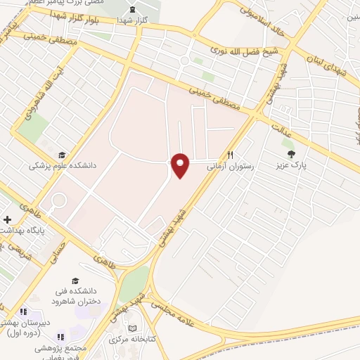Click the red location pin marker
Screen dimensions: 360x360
[x=181, y=165]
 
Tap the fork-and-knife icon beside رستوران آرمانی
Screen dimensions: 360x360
[x=229, y=155]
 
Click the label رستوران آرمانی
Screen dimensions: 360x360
[x=229, y=167]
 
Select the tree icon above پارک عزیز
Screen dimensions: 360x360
[x=288, y=153]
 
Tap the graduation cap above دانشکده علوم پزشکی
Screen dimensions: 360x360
[x=62, y=155]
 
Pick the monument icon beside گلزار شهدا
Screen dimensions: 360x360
[x=133, y=10]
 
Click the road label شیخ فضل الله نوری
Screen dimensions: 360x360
[x=245, y=52]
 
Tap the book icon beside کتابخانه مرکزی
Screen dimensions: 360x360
[x=134, y=328]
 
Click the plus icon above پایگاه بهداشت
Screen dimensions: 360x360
[x=7, y=219]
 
